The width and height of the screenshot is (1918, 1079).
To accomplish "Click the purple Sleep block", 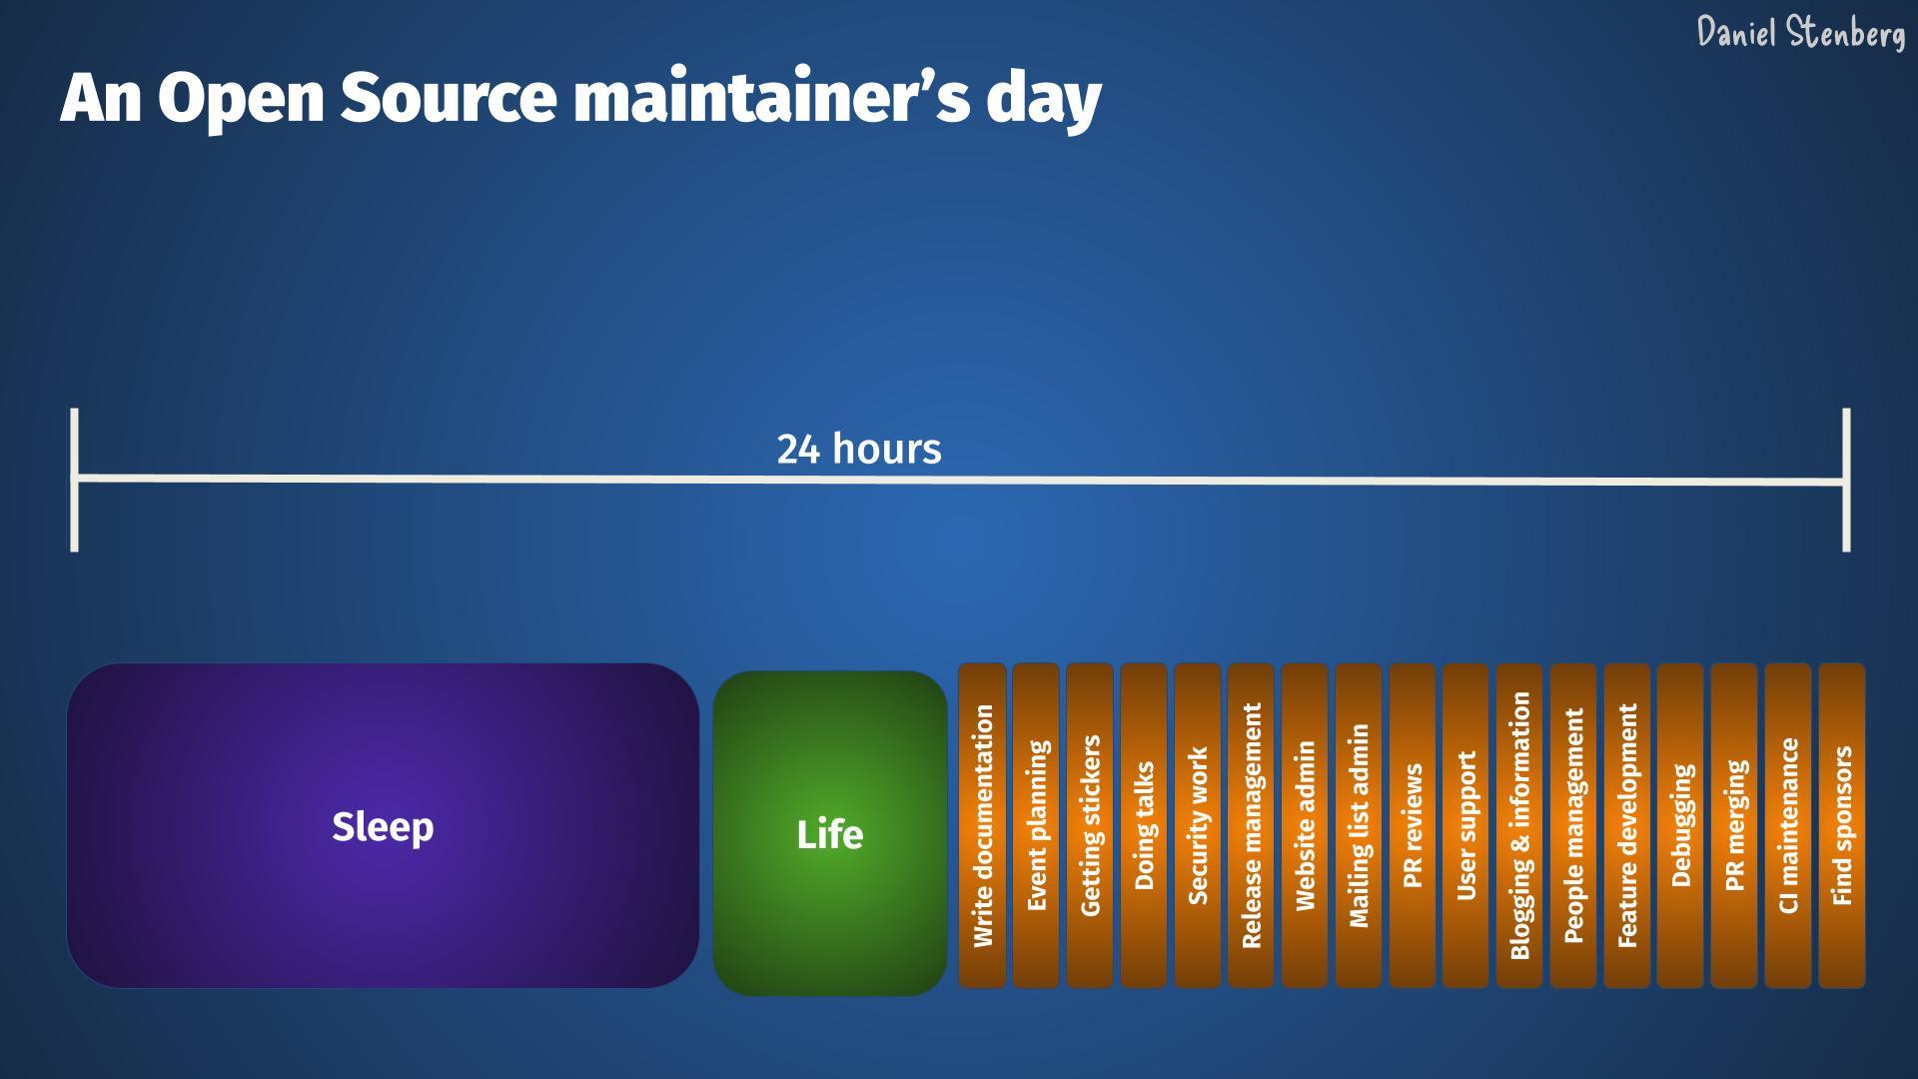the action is pyautogui.click(x=383, y=825).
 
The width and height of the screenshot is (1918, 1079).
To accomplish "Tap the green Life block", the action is pyautogui.click(x=830, y=833).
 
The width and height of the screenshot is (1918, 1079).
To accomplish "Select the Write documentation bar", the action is pyautogui.click(x=982, y=825).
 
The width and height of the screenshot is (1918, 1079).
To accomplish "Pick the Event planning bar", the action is pyautogui.click(x=1036, y=825).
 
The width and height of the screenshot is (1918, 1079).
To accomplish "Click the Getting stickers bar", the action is pyautogui.click(x=1090, y=825).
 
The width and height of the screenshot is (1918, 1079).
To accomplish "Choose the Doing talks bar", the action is pyautogui.click(x=1144, y=825).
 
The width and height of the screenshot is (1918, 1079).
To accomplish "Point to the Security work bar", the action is pyautogui.click(x=1198, y=825).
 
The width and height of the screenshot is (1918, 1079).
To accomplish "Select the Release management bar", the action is pyautogui.click(x=1251, y=825).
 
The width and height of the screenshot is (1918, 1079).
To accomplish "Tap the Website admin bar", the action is pyautogui.click(x=1305, y=825).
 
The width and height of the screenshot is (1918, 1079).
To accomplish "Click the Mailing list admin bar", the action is pyautogui.click(x=1359, y=825).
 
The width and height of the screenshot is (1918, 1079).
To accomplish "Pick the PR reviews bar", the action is pyautogui.click(x=1413, y=825).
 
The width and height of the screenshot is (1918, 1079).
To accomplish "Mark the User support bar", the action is pyautogui.click(x=1465, y=825).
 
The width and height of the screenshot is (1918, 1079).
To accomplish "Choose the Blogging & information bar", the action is pyautogui.click(x=1519, y=825).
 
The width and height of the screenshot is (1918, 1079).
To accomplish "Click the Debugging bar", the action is pyautogui.click(x=1680, y=825).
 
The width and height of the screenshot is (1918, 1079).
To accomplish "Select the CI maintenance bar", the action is pyautogui.click(x=1788, y=825).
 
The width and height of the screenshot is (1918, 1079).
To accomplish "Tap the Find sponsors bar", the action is pyautogui.click(x=1842, y=825).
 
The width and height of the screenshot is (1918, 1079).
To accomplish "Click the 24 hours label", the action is pyautogui.click(x=859, y=450).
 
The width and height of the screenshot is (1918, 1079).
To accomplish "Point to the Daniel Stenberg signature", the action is pyautogui.click(x=1801, y=32).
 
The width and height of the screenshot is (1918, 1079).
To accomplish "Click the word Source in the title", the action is pyautogui.click(x=449, y=98).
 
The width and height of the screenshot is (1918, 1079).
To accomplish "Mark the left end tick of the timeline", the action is pyautogui.click(x=74, y=480).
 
